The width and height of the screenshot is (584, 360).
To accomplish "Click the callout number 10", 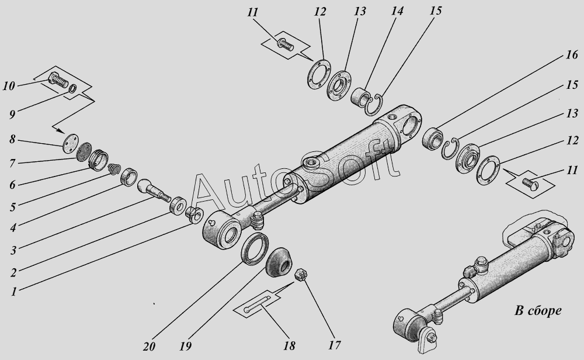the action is pos(9,86).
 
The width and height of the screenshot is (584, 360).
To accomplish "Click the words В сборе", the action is pos(537,310).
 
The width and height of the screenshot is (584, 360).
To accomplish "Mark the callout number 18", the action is pos(288,345).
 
